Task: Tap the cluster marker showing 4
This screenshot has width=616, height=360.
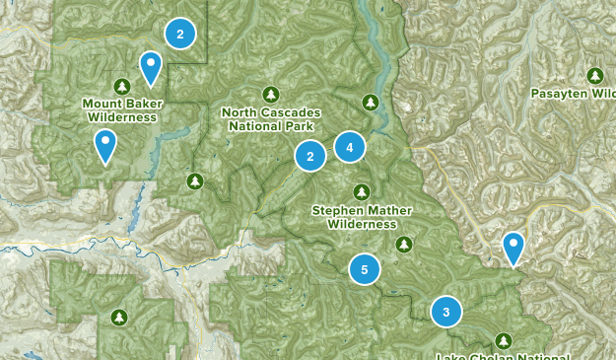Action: [x=349, y=147]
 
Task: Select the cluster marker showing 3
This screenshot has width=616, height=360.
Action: [x=446, y=313]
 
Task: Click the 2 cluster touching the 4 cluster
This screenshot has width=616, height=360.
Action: [x=310, y=156]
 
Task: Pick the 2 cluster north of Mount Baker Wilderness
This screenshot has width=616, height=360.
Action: [x=179, y=35]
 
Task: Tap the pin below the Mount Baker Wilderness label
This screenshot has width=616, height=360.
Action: [x=104, y=147]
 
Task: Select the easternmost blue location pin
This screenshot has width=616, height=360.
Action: [x=513, y=248]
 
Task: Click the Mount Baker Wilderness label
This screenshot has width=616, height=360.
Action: [x=120, y=108]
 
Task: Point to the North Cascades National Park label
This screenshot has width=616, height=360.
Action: [x=271, y=118]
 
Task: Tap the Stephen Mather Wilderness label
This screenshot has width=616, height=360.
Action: [x=362, y=216]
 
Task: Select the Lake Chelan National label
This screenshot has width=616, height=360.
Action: [x=504, y=356]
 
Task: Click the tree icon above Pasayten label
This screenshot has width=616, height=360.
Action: [x=594, y=75]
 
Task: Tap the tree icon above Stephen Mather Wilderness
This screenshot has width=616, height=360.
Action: [x=362, y=191]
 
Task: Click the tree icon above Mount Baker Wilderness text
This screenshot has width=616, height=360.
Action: [x=121, y=85]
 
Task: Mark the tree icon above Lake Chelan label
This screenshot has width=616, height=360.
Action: [x=504, y=339]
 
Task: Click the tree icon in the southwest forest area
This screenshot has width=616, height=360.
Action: [x=119, y=317]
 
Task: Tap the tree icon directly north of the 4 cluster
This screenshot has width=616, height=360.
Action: [x=370, y=102]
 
